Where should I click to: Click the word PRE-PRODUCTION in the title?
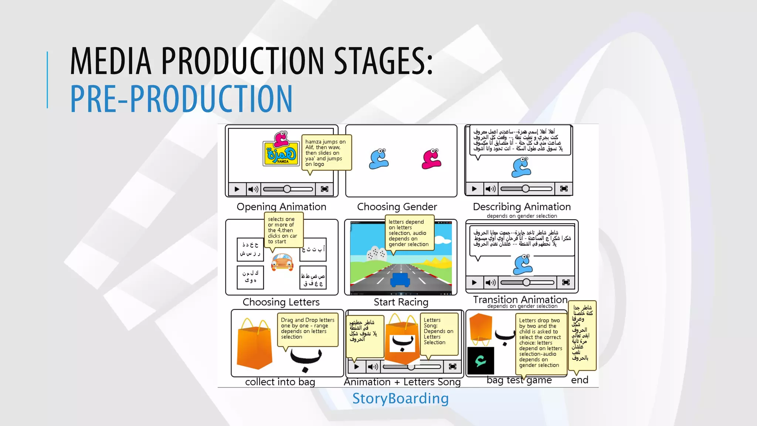point(181,99)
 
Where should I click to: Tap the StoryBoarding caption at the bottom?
point(400,399)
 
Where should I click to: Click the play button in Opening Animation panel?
point(237,189)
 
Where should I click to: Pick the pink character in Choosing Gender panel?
point(431,159)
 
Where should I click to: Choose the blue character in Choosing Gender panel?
point(379,159)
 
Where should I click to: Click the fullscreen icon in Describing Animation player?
point(564,189)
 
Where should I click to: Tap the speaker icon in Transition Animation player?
point(490,283)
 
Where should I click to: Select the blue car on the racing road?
point(400,280)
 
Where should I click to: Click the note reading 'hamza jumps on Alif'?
point(326,153)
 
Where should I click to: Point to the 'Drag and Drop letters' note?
point(308,328)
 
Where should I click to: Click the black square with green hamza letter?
point(481,361)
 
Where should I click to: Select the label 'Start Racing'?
point(401,302)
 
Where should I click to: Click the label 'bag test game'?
point(519,380)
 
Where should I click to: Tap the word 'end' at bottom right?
point(579,380)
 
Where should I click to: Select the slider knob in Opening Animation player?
point(287,189)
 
